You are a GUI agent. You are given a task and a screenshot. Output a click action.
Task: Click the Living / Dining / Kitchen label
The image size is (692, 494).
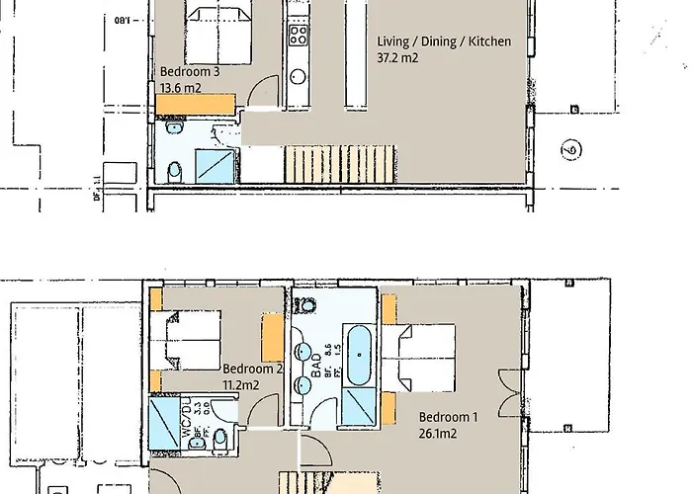[x=444, y=42]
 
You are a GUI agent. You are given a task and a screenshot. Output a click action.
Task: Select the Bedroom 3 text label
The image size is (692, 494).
[x=190, y=72]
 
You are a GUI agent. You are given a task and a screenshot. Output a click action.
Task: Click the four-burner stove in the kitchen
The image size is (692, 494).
[x=298, y=37]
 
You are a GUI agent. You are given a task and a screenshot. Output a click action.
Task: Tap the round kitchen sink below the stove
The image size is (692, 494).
[x=299, y=76]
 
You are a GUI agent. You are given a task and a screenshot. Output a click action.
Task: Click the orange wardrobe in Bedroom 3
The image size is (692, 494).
[x=197, y=104]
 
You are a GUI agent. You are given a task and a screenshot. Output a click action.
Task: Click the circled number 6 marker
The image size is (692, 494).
[x=571, y=151]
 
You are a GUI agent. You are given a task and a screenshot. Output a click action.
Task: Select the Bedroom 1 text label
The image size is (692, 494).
[x=448, y=418]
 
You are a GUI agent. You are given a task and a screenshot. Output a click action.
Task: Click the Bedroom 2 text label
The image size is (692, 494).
[x=253, y=369]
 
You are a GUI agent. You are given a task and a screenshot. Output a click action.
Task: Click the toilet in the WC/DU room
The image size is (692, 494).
[x=220, y=438]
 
